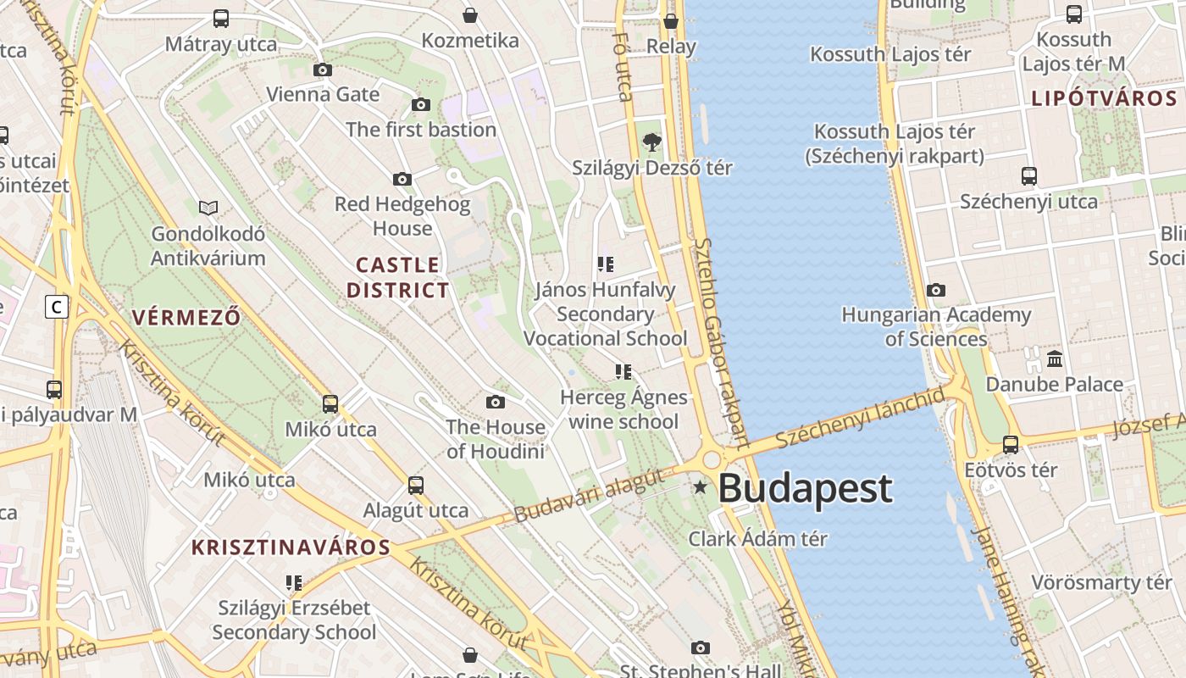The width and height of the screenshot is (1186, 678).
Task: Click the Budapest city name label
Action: point(805,489)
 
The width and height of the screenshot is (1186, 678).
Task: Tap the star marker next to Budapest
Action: point(701,487)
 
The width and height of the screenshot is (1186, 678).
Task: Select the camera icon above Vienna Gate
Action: point(323,70)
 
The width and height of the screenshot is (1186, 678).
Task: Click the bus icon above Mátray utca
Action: point(221,18)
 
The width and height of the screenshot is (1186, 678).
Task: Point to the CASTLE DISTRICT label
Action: point(397,277)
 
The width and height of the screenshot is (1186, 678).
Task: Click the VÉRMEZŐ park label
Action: point(186,318)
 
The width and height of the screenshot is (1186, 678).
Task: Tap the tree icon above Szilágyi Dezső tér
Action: point(651,142)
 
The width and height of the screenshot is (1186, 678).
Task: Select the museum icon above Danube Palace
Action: point(1055,359)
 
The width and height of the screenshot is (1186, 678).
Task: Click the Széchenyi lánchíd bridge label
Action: point(859,418)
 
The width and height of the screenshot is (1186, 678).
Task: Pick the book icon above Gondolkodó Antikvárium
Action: point(208,208)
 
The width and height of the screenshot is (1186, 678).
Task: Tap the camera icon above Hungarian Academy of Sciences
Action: point(936,291)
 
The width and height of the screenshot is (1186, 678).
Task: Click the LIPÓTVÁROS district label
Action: point(1104,98)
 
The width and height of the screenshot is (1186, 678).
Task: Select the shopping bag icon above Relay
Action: point(671,21)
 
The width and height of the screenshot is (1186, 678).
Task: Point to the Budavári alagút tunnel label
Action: point(589,497)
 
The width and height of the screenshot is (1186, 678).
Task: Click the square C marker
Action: point(57,306)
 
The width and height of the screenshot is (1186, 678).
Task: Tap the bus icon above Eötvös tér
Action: point(1011,444)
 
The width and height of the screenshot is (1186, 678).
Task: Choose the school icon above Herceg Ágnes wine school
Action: point(623,372)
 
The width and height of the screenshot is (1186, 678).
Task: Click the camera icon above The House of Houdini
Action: point(496,402)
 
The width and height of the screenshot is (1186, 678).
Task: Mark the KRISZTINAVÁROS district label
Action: point(291,547)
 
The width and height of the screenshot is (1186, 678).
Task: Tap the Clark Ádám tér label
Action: point(757,538)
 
